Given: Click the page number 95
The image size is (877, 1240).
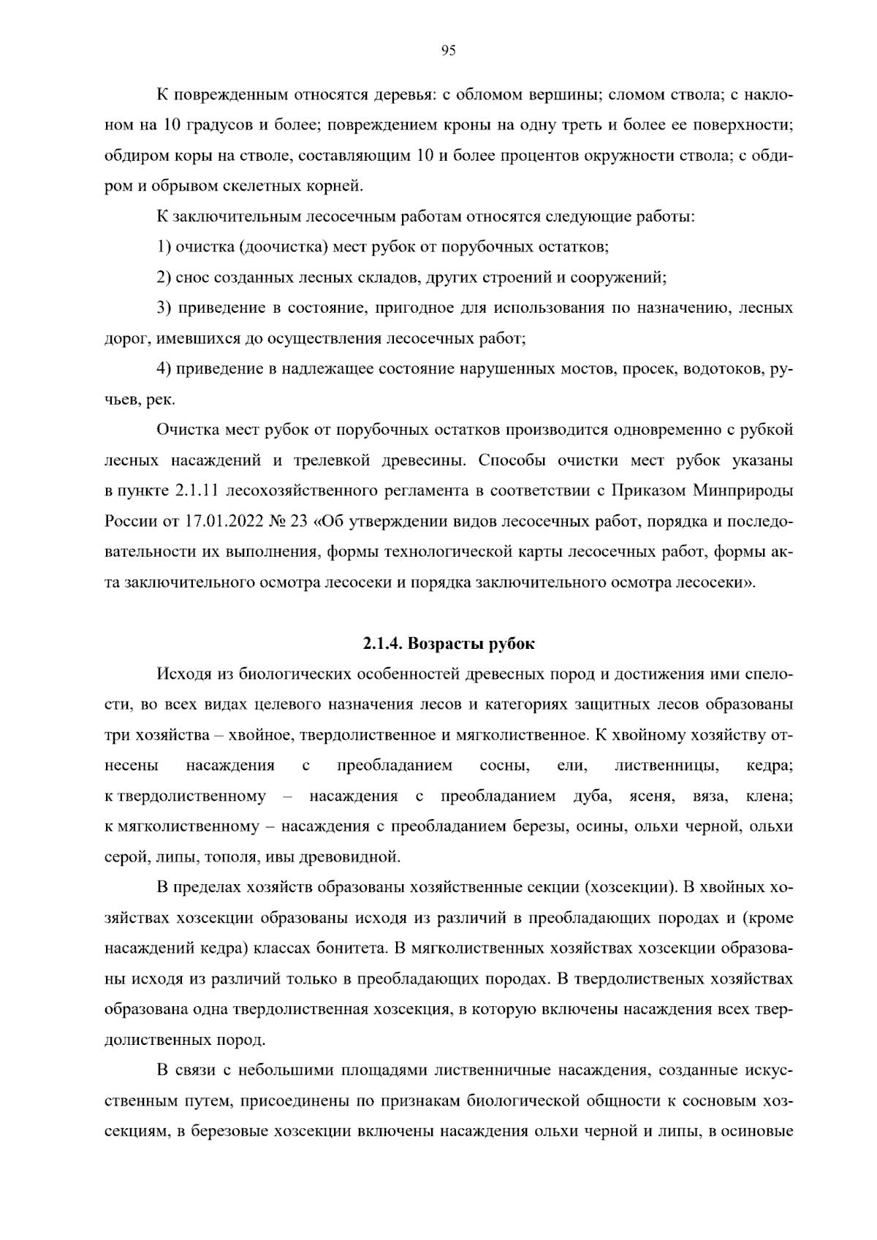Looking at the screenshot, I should (x=448, y=50).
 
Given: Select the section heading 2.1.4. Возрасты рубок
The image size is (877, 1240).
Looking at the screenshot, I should (x=448, y=644).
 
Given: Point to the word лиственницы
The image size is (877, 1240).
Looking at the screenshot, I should (x=667, y=765).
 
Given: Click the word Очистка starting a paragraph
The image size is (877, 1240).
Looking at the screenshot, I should (x=186, y=430).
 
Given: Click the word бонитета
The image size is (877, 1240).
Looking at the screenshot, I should (x=351, y=948).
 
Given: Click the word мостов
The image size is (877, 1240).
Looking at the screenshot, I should (x=588, y=369).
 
